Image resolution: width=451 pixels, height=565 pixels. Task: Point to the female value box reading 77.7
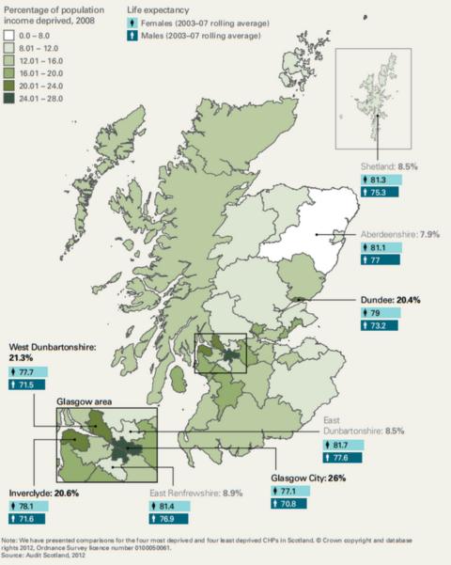pyautogui.click(x=36, y=371)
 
